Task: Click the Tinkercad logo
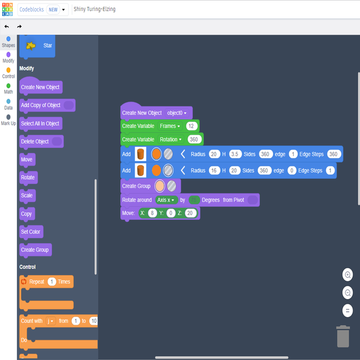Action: [8, 9]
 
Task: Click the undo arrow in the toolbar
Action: [6, 26]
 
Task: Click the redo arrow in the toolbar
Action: [19, 26]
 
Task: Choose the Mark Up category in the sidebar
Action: [8, 120]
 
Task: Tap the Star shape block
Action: [37, 45]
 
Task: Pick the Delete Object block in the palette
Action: [35, 142]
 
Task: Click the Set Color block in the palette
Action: [31, 232]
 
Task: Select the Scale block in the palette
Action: [27, 196]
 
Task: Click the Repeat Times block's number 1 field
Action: [52, 282]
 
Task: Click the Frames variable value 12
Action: [192, 126]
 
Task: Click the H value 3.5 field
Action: [235, 154]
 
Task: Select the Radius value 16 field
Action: [214, 171]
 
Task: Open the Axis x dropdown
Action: [166, 200]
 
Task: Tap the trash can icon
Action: [343, 336]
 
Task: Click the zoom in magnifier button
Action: [348, 275]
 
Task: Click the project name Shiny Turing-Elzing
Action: [95, 9]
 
